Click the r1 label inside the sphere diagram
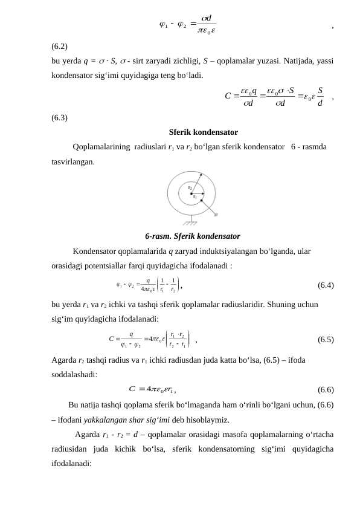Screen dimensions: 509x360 coord(194,197)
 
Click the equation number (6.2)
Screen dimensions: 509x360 coord(59,47)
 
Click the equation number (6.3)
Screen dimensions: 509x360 coord(59,118)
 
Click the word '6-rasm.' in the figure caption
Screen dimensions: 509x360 coord(156,236)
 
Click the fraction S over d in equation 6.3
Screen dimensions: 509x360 coord(320,96)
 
